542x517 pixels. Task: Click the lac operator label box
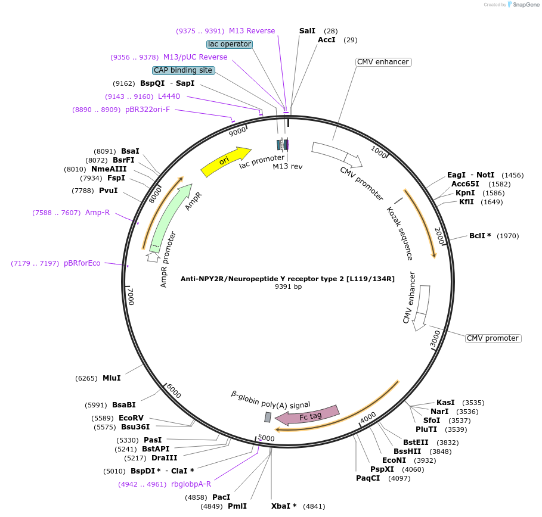230,44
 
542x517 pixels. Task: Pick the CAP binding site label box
183,70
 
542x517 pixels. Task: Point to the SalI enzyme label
307,30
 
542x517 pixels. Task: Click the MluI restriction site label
112,378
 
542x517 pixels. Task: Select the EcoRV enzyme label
131,418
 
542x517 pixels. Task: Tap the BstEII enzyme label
416,443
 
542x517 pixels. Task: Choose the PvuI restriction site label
108,191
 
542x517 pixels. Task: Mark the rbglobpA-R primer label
191,484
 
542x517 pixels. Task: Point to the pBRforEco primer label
82,263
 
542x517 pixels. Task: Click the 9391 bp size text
288,287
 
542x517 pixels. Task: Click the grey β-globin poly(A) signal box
268,417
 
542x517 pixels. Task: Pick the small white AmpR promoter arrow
153,256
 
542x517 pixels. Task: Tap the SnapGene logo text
527,4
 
